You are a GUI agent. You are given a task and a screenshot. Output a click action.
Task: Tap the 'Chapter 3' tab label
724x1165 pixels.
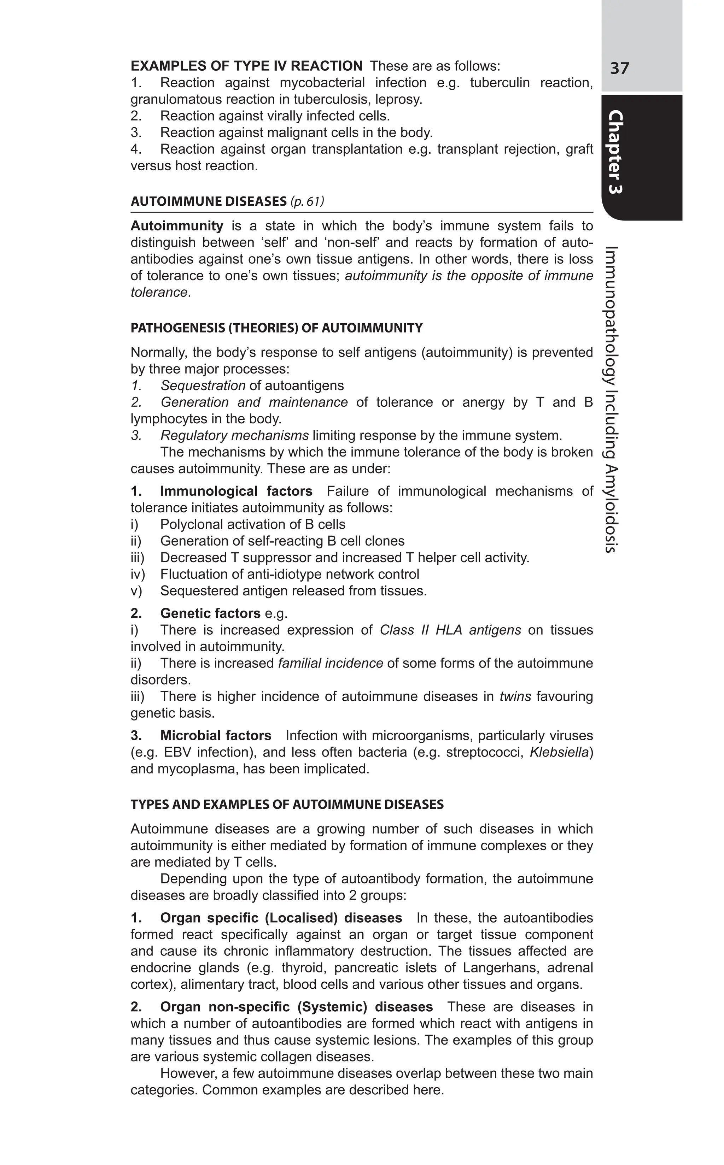[x=616, y=152]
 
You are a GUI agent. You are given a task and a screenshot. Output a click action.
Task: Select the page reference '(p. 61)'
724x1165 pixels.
[x=307, y=201]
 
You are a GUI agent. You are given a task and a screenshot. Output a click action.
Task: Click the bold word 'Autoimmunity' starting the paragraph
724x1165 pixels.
[x=177, y=226]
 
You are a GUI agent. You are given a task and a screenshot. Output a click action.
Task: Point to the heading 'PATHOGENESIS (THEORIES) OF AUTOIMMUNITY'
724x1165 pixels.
[x=276, y=328]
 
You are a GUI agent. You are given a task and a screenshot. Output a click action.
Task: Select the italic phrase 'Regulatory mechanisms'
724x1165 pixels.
[x=234, y=436]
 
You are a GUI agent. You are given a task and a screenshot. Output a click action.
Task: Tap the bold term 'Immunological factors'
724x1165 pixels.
[x=236, y=492]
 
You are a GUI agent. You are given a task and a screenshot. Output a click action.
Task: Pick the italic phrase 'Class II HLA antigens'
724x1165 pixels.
[x=450, y=630]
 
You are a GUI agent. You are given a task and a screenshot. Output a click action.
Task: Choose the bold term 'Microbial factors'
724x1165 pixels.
[x=216, y=736]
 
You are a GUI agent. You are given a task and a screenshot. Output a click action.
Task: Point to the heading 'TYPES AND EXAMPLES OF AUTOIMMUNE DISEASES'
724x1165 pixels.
[x=287, y=805]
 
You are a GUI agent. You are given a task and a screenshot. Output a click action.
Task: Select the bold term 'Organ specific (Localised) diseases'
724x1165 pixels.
[x=281, y=918]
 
